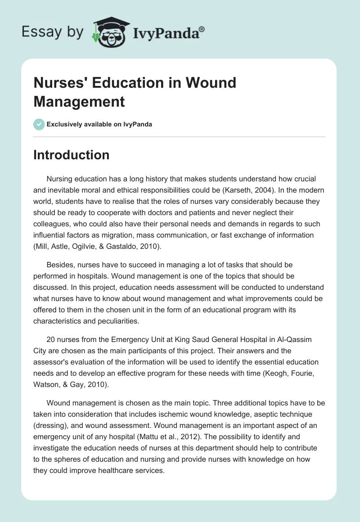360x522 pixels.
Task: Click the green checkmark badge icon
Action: coord(39,124)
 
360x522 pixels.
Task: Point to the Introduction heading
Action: coord(71,155)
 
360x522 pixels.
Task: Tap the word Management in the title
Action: coord(79,102)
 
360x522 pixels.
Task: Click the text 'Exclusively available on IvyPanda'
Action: coord(100,125)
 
